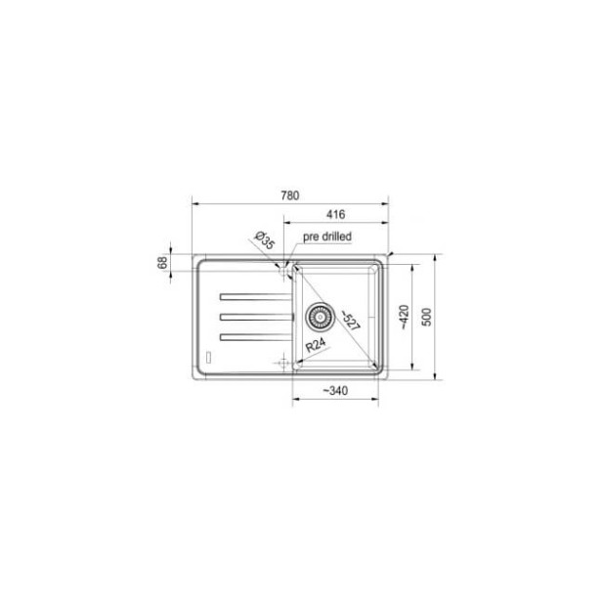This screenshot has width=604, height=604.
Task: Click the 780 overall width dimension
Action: click(x=288, y=195)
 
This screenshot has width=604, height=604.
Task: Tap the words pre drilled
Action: click(x=326, y=237)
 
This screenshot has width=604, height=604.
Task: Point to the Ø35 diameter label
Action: click(x=262, y=238)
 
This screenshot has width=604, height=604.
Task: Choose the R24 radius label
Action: click(x=314, y=344)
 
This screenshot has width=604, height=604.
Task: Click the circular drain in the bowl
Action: click(x=319, y=315)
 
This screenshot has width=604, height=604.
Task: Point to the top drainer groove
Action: click(x=255, y=294)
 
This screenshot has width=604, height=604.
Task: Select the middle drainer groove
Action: click(x=255, y=315)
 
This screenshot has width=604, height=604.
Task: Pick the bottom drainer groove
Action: click(x=255, y=336)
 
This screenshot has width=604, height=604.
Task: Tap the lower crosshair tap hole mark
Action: click(x=284, y=363)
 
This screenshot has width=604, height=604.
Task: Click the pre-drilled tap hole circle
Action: click(x=284, y=266)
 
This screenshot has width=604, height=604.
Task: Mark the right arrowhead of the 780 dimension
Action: click(x=386, y=203)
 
